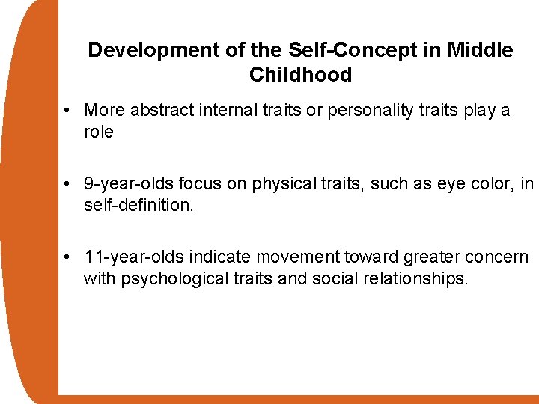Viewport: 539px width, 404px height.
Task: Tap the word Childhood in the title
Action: point(300,75)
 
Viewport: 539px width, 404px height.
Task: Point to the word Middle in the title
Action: point(480,50)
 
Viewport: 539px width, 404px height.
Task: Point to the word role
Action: point(99,132)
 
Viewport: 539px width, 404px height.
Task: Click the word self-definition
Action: point(138,205)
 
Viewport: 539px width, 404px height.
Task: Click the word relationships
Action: point(421,279)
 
